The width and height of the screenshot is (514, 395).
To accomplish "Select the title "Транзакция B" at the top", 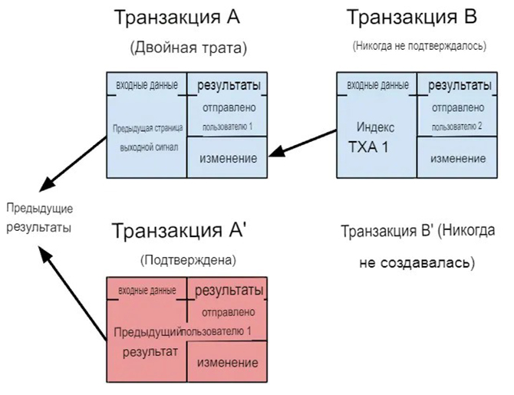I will pyautogui.click(x=412, y=18).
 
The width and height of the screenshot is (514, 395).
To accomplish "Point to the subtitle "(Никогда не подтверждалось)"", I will pyautogui.click(x=420, y=46).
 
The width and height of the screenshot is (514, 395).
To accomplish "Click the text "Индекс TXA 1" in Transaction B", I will pyautogui.click(x=376, y=134).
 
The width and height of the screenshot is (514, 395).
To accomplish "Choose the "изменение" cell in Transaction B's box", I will pyautogui.click(x=457, y=158).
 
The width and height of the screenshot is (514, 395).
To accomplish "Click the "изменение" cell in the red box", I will pyautogui.click(x=227, y=363).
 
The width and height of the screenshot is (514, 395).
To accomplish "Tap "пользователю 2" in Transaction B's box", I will pyautogui.click(x=456, y=126).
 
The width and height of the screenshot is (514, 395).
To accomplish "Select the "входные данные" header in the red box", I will pyautogui.click(x=147, y=290).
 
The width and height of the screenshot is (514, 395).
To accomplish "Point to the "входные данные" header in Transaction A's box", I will pyautogui.click(x=147, y=84).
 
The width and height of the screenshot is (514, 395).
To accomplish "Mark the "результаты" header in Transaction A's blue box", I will pyautogui.click(x=228, y=84).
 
